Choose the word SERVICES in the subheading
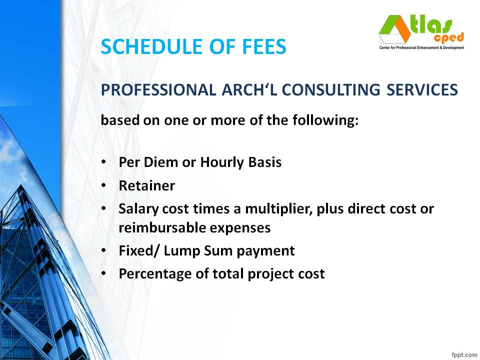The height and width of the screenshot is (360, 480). [x=422, y=90]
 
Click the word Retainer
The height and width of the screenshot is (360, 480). [x=147, y=186]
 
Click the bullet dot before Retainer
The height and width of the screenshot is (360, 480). [x=103, y=186]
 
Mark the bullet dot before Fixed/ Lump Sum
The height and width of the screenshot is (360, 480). [x=103, y=250]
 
